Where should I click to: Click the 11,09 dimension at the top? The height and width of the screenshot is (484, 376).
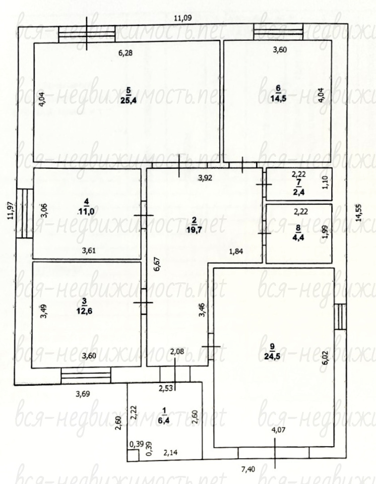tap(182, 18)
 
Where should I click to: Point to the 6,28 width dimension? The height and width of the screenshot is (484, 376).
tap(126, 53)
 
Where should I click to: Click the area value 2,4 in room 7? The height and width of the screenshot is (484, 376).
tap(298, 192)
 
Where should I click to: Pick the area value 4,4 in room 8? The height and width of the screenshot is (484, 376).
tap(298, 237)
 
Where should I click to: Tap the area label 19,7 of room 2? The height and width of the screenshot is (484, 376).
tap(194, 228)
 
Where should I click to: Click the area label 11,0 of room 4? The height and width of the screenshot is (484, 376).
tap(86, 212)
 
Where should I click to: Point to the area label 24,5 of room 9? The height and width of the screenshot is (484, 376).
tap(272, 356)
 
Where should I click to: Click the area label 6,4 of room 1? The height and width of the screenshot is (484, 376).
tap(164, 420)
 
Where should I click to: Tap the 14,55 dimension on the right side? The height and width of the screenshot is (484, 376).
tap(359, 213)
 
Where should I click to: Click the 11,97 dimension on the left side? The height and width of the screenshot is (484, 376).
tap(12, 210)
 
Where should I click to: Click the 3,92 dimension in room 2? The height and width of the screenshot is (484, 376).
tap(205, 178)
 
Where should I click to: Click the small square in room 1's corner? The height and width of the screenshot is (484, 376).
tap(133, 455)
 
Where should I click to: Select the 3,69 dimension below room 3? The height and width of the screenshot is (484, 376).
tap(83, 394)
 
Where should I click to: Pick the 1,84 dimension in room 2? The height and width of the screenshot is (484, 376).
tap(236, 251)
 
